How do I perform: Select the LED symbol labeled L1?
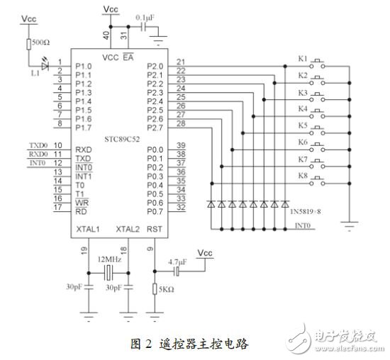click(46, 66)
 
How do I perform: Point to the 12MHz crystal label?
click(108, 259)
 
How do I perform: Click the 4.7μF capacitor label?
click(177, 261)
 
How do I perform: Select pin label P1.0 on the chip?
click(85, 66)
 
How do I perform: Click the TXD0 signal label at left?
click(38, 145)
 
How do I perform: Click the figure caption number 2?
click(148, 343)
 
